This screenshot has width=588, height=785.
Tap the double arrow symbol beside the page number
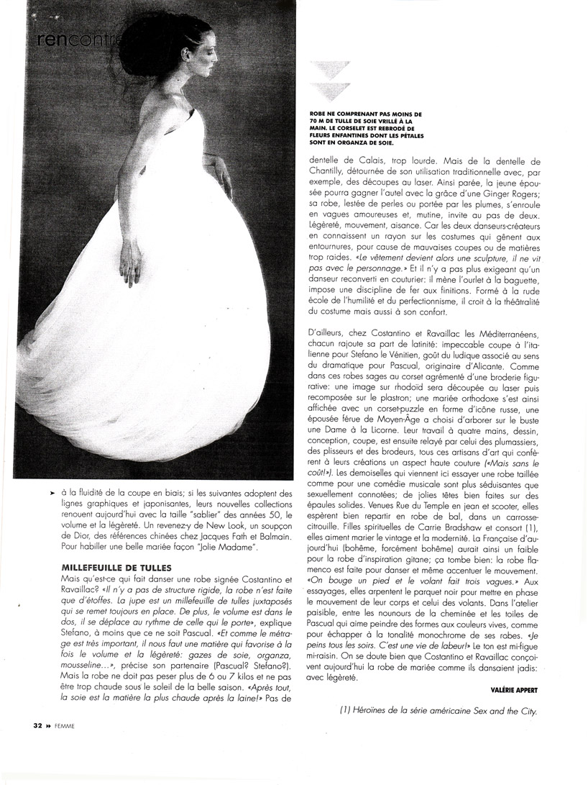44,725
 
